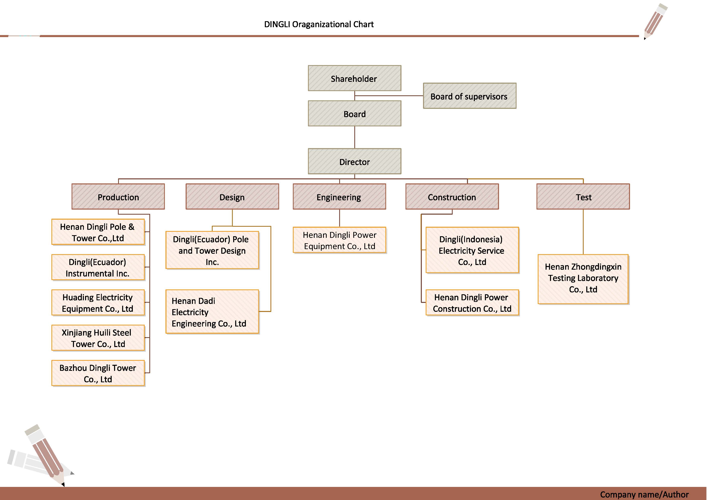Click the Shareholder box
click(x=355, y=78)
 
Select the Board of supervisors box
click(x=470, y=96)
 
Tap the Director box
click(x=355, y=161)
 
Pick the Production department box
click(x=118, y=197)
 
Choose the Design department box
click(x=232, y=197)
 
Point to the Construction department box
click(x=452, y=197)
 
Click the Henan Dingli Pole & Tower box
click(x=98, y=232)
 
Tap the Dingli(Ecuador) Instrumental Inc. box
click(x=98, y=267)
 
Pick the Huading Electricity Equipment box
click(x=98, y=303)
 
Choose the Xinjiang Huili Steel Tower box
click(x=98, y=338)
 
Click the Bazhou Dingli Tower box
click(x=98, y=373)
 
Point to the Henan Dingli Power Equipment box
click(x=339, y=240)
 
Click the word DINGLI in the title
click(x=277, y=24)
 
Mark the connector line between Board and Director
click(x=355, y=137)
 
